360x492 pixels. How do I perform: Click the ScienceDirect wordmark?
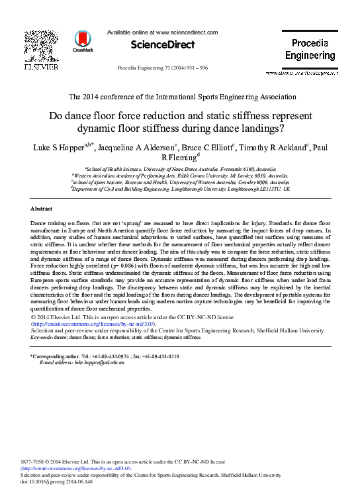point(163,45)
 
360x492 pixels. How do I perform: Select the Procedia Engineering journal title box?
point(310,49)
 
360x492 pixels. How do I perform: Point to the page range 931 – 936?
point(197,68)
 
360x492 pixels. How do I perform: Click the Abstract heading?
point(42,209)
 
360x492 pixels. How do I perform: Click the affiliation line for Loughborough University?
point(180,189)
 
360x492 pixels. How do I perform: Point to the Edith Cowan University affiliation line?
point(180,175)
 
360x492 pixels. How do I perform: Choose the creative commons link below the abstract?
point(94,324)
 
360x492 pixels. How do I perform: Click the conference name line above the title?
point(180,97)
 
